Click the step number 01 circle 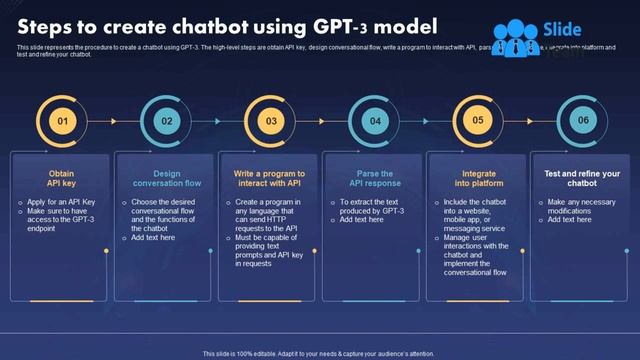pyautogui.click(x=62, y=121)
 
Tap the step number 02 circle pyautogui.click(x=166, y=121)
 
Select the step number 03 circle pyautogui.click(x=270, y=121)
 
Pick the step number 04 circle pyautogui.click(x=375, y=121)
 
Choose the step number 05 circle pyautogui.click(x=478, y=121)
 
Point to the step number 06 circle pyautogui.click(x=582, y=121)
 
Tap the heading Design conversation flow pyautogui.click(x=166, y=178)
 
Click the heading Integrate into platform pyautogui.click(x=478, y=178)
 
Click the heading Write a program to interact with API pyautogui.click(x=270, y=178)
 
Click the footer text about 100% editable pyautogui.click(x=319, y=353)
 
